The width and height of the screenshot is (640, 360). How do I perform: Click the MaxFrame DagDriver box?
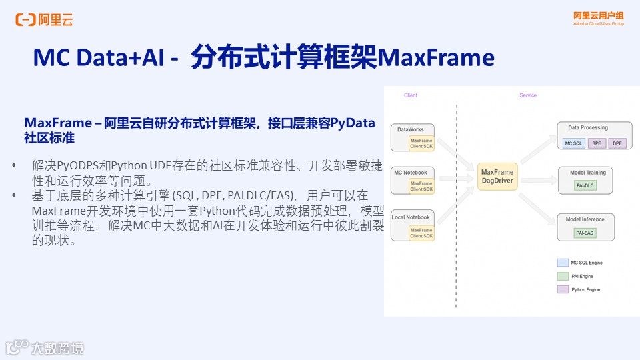click(497, 177)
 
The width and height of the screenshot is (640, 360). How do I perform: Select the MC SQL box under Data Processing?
click(573, 143)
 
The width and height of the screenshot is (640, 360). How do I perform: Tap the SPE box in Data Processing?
click(597, 143)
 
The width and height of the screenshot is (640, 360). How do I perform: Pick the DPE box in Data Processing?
click(617, 143)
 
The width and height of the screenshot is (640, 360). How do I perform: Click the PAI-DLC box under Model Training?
click(585, 186)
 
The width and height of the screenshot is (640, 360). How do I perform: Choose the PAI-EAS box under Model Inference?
click(585, 233)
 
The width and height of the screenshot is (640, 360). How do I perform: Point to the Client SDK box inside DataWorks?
click(421, 144)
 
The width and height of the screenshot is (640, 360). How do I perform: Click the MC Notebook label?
click(410, 173)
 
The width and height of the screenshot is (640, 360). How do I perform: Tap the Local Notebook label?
click(411, 217)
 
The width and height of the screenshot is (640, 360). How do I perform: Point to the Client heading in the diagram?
click(411, 95)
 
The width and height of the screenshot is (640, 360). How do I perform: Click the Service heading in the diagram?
click(528, 95)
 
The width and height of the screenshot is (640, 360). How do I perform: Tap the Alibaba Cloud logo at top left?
click(44, 20)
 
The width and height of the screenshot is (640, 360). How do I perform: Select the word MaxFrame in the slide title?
click(436, 58)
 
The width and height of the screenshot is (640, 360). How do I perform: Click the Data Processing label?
click(588, 127)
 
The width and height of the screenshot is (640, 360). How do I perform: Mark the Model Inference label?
click(585, 219)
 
